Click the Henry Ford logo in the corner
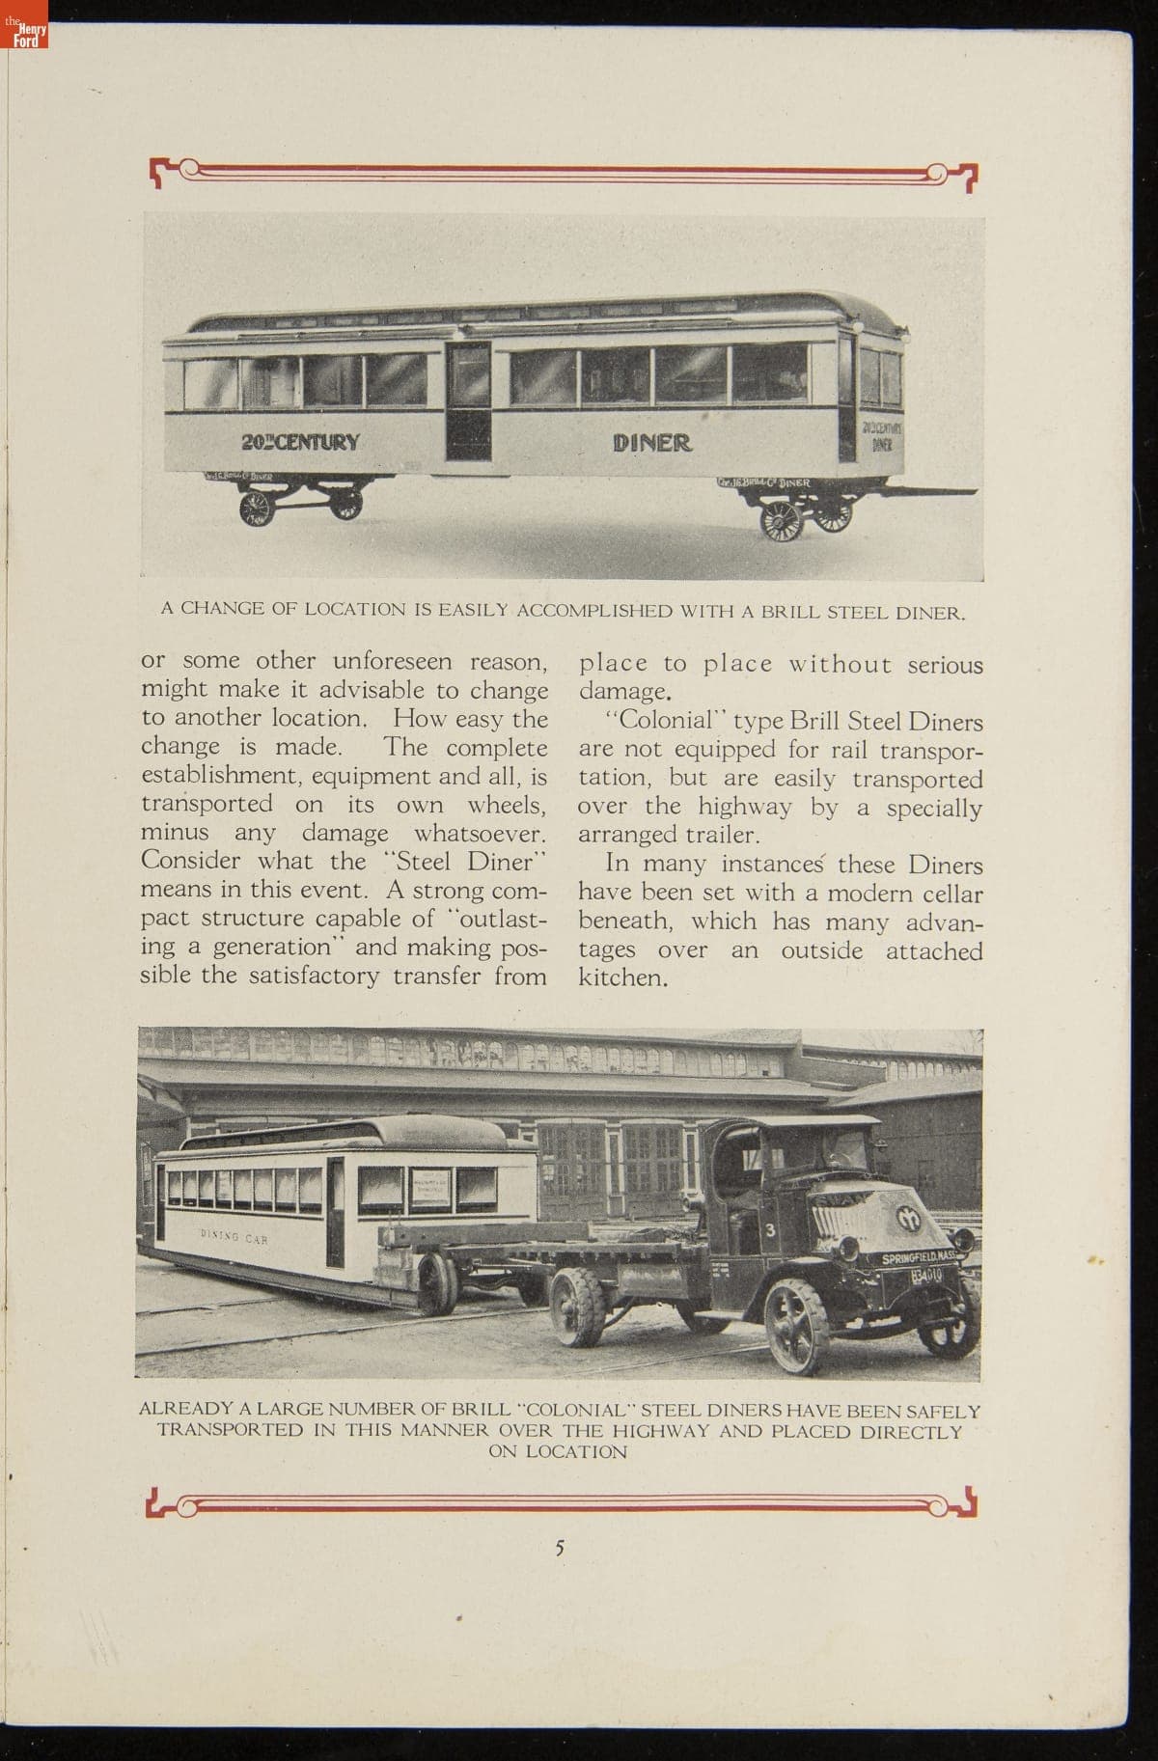coord(24,35)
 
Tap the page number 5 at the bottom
coord(560,1548)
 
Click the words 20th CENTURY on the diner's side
coord(300,443)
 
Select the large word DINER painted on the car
coord(652,443)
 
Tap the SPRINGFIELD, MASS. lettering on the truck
coord(916,1260)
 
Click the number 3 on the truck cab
coord(771,1229)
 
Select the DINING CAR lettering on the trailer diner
coord(234,1236)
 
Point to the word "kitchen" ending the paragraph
coord(622,977)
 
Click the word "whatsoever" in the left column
coord(481,833)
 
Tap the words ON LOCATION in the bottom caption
coord(558,1452)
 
